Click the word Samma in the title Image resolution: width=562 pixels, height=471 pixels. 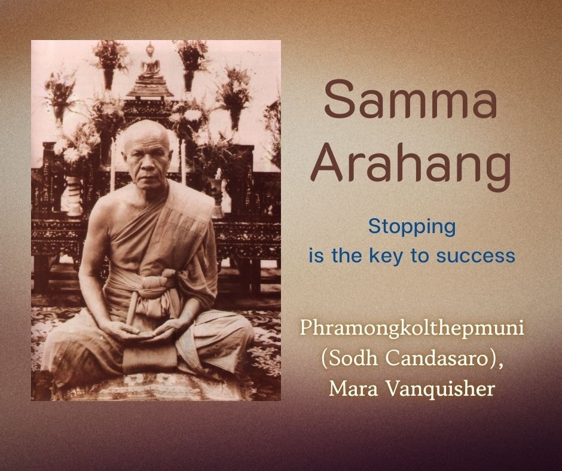(x=411, y=99)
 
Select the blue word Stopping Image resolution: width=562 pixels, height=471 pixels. (x=412, y=228)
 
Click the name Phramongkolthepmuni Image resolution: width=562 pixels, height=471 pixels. (x=412, y=329)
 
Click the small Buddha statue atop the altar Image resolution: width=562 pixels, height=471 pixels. (x=151, y=61)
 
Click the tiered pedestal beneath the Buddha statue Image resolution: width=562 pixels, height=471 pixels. (x=150, y=88)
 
